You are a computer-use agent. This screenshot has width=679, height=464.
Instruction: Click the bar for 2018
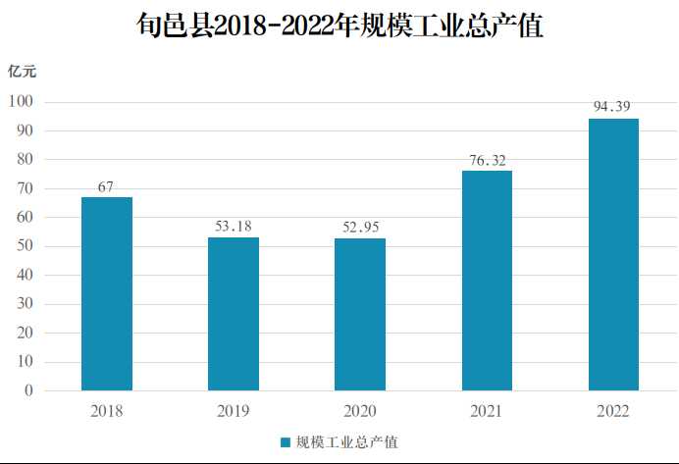tap(107, 293)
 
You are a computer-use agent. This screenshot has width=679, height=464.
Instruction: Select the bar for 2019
tap(234, 314)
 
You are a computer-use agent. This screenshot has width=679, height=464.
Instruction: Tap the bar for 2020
tap(360, 314)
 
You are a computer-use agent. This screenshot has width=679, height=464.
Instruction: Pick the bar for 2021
tap(487, 281)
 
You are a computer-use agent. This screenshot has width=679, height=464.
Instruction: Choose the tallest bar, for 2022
tap(613, 254)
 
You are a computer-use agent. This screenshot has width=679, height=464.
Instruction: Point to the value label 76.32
tap(487, 159)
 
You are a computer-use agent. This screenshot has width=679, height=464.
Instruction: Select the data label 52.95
tap(360, 227)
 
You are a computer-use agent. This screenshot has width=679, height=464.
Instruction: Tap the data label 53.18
tap(234, 226)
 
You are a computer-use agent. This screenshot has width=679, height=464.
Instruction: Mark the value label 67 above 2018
tap(107, 186)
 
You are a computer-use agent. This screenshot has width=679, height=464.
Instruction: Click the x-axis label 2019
tap(234, 411)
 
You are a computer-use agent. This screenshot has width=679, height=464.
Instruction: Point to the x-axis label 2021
tap(487, 411)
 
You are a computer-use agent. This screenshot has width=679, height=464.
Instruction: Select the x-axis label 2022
tap(613, 411)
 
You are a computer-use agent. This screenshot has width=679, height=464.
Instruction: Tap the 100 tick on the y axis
tap(21, 101)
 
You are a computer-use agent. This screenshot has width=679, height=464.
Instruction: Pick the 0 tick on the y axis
tap(29, 390)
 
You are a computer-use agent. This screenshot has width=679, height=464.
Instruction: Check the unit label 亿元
tap(23, 71)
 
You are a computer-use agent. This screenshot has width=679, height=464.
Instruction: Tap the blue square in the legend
tap(285, 442)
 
